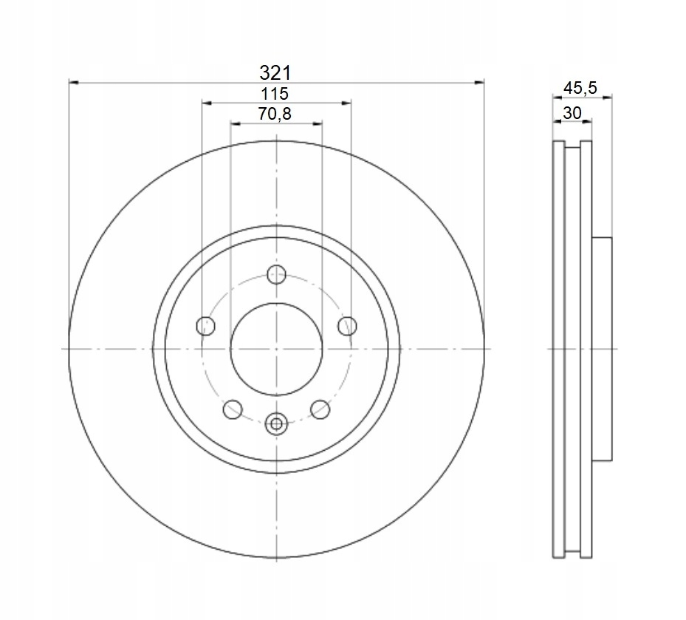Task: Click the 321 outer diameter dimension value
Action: coord(275,73)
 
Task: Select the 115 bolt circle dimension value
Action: coord(275,94)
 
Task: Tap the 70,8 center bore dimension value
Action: coord(275,115)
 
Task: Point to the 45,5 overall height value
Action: coord(580,88)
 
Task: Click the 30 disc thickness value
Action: coord(572,113)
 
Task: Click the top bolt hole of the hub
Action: coord(276,275)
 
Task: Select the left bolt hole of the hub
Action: coord(205,326)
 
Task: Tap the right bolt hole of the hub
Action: coord(347,326)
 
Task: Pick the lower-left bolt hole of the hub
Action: coord(233,409)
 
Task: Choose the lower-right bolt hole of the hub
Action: coord(320,409)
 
